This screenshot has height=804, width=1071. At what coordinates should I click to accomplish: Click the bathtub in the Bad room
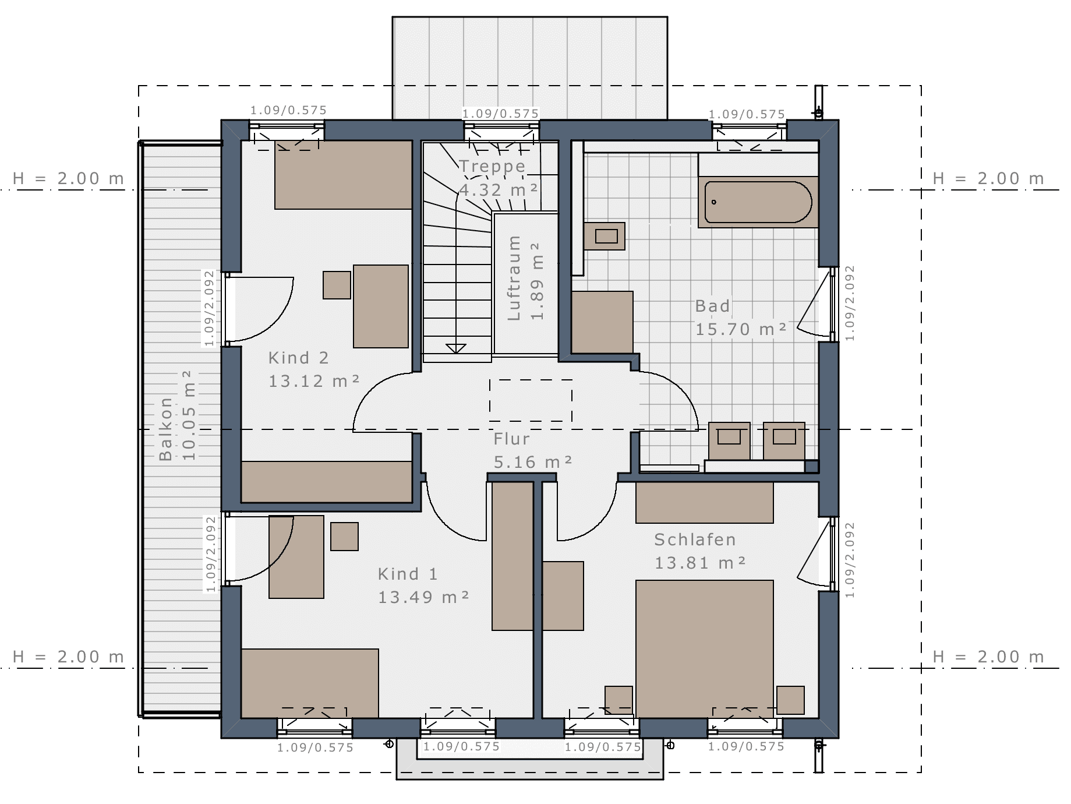(x=758, y=202)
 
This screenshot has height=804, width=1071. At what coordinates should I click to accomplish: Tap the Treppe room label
(x=492, y=167)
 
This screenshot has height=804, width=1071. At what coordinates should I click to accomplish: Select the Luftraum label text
(x=514, y=278)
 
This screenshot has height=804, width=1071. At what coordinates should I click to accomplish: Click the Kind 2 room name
(x=298, y=358)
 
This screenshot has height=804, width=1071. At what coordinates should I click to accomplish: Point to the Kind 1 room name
(x=408, y=574)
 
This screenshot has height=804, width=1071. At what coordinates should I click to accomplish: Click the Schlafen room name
(x=695, y=539)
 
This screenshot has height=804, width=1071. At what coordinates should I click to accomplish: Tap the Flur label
(x=511, y=439)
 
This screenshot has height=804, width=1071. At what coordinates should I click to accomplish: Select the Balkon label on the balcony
(x=166, y=429)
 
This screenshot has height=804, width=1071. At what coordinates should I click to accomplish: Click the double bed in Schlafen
(x=705, y=648)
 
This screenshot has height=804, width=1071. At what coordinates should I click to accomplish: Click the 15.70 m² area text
(x=741, y=329)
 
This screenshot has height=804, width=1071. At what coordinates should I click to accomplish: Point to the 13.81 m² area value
(x=700, y=563)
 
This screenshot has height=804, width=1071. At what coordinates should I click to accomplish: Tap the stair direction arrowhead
(x=456, y=348)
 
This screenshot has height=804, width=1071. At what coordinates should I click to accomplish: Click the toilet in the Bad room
(x=605, y=236)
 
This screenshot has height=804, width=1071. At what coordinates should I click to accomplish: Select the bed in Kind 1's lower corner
(x=310, y=683)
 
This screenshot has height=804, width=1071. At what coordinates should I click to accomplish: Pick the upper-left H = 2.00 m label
(x=69, y=178)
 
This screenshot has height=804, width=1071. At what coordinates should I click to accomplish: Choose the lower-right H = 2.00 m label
(x=988, y=657)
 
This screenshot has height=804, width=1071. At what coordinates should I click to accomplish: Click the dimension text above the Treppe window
(x=500, y=114)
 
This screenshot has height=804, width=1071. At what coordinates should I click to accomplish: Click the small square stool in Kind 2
(x=337, y=285)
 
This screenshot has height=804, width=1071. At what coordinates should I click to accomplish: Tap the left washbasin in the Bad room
(x=729, y=441)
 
